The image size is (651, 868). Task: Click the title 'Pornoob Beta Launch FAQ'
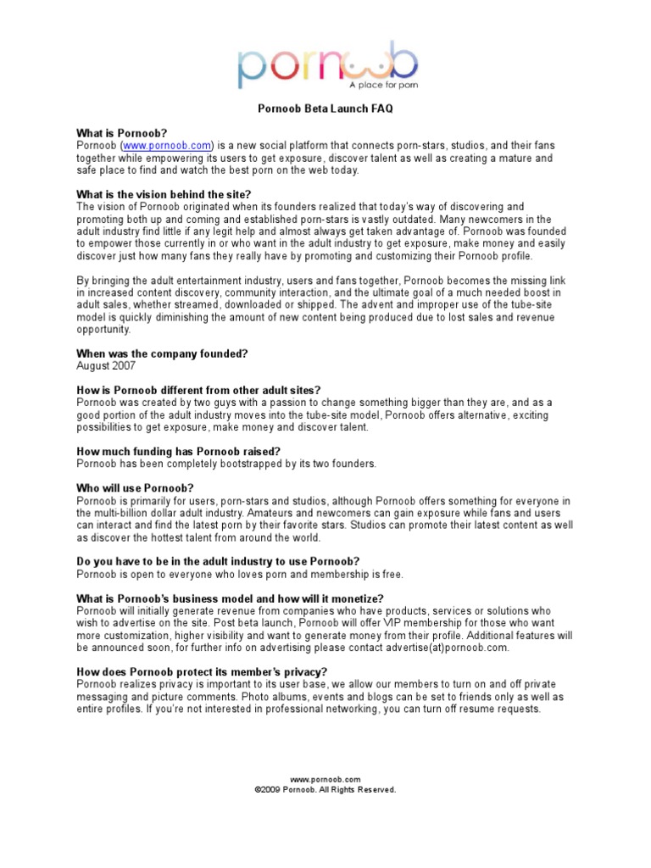[325, 109]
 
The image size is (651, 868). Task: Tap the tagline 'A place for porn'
[383, 85]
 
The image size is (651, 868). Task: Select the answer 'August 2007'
[106, 365]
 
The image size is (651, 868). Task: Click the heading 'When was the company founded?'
[162, 353]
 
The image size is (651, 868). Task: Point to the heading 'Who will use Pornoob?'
[135, 487]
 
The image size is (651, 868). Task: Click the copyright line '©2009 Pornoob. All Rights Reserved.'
[325, 789]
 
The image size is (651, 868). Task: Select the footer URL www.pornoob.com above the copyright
[325, 779]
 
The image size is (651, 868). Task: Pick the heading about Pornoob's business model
[230, 598]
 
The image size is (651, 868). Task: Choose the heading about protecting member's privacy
[202, 671]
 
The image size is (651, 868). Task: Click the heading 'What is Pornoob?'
[121, 133]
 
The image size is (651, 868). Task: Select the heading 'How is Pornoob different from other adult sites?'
[198, 390]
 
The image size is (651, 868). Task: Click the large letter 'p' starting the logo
[250, 69]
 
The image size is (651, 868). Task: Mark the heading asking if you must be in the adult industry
[218, 561]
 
